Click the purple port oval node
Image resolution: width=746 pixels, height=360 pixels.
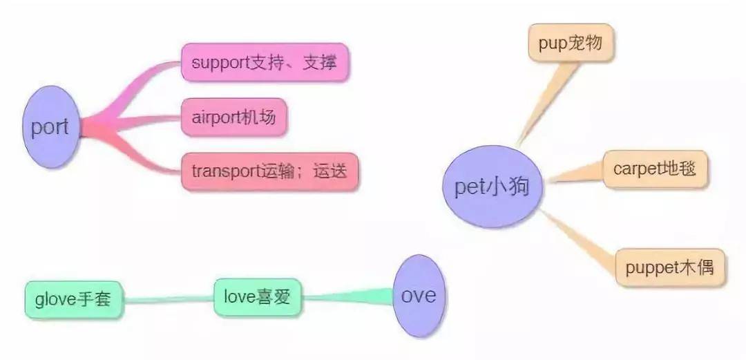[x=50, y=128]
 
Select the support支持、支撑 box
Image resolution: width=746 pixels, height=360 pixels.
[x=265, y=63]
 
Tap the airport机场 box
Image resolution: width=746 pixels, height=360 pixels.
[x=233, y=117]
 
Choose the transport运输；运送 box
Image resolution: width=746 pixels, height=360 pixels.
[x=270, y=172]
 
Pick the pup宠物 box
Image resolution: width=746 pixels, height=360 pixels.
[x=571, y=44]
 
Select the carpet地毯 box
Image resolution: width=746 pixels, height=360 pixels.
[x=655, y=169]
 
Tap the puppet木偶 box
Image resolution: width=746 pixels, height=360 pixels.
[x=670, y=267]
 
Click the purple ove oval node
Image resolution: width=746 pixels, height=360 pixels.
[x=419, y=296]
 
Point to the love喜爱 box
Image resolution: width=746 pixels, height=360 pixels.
[x=258, y=298]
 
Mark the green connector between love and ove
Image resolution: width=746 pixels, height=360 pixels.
[x=349, y=298]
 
